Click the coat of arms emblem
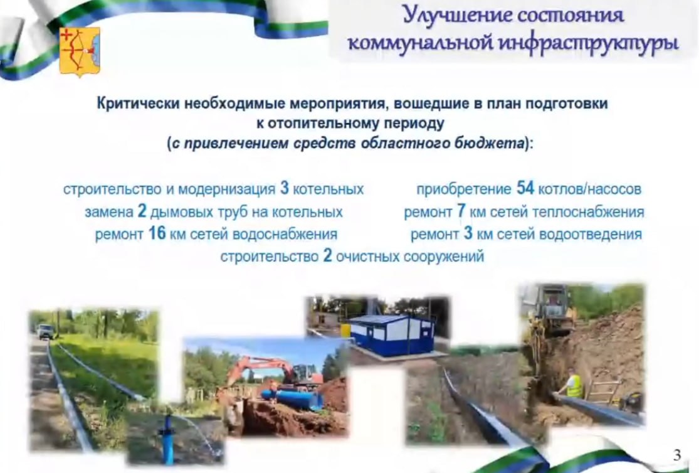tap(80, 52)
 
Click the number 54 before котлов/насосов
tap(525, 188)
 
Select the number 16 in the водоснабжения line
tap(157, 233)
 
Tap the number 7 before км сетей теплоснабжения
tap(461, 211)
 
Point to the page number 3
tap(677, 455)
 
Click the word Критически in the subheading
tap(139, 104)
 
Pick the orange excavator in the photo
tap(272, 372)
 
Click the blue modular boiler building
tap(391, 335)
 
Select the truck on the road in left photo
tap(46, 331)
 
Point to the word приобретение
tap(464, 189)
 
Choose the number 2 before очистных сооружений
tap(328, 256)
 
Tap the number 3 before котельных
tap(285, 188)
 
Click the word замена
tap(109, 212)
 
